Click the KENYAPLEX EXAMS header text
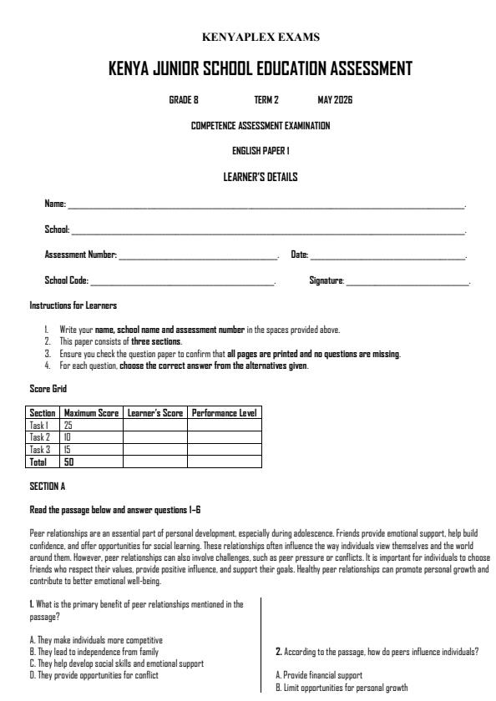click(x=261, y=37)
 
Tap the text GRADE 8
click(x=184, y=100)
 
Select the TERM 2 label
click(x=266, y=100)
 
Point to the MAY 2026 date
click(x=336, y=100)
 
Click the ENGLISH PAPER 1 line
click(x=261, y=151)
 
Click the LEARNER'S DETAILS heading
click(x=261, y=177)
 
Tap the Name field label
click(x=54, y=204)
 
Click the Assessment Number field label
click(x=80, y=255)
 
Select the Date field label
click(x=299, y=255)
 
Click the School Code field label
click(x=66, y=281)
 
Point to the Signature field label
click(x=326, y=281)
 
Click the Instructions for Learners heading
click(x=73, y=305)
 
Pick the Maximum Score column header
click(x=91, y=413)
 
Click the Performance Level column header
click(x=223, y=413)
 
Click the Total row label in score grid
click(x=38, y=461)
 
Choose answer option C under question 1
click(x=116, y=663)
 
